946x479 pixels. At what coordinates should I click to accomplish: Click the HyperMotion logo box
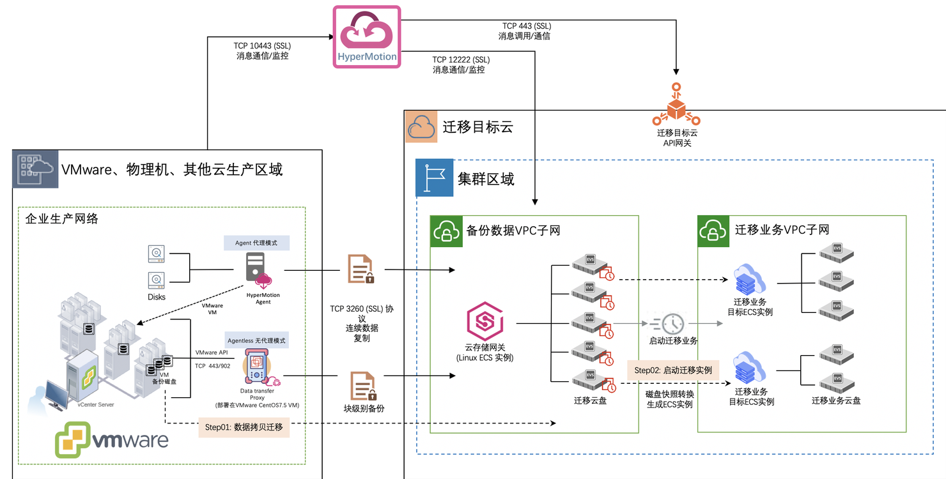(367, 36)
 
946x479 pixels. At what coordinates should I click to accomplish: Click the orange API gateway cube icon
(676, 108)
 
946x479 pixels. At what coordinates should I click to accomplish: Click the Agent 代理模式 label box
(256, 243)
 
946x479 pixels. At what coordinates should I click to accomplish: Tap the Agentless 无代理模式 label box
(256, 340)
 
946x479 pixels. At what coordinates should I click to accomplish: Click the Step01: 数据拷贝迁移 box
(244, 427)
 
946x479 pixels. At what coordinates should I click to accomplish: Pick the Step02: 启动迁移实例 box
(673, 370)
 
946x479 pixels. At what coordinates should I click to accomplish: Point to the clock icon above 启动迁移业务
(673, 323)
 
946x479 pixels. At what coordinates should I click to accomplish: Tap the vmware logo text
(130, 440)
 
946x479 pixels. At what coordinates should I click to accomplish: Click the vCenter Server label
(95, 405)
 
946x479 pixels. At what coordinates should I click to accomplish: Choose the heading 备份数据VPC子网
(513, 230)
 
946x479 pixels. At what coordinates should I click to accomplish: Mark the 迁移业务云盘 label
(836, 400)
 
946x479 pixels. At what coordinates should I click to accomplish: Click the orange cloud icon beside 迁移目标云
(422, 126)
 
